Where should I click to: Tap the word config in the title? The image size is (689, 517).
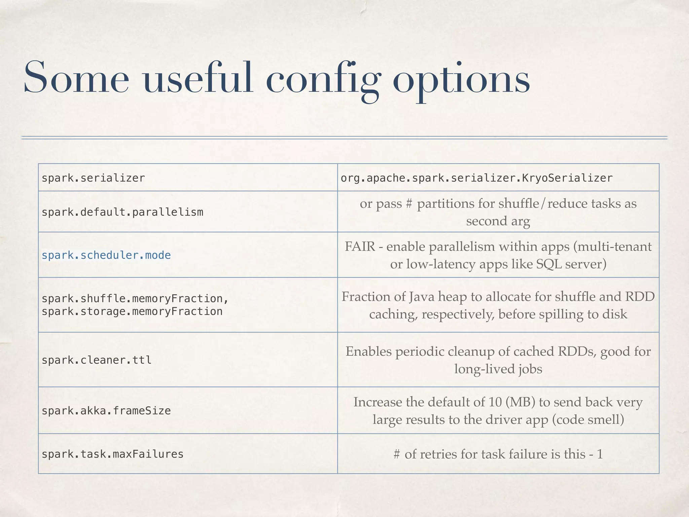coord(323,80)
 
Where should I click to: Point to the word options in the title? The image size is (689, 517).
coord(461,80)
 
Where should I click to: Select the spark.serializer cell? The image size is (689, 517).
coord(93,178)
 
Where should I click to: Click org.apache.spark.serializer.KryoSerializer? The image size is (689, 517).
coord(476,178)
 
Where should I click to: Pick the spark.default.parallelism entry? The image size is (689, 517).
coord(122,212)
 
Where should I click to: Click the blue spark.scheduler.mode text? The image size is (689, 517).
coord(106,255)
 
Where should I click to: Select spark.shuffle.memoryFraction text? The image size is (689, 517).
coord(135,299)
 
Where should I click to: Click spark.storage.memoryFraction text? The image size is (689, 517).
coord(132,311)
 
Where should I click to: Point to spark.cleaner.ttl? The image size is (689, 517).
coord(96,360)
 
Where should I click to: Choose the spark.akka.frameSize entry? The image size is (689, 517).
coord(106,411)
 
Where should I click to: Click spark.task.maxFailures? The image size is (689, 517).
coord(112,454)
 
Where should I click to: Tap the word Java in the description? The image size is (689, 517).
coord(421,297)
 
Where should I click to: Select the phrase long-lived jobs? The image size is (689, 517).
coord(498,369)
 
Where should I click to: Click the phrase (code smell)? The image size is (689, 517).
coord(588,419)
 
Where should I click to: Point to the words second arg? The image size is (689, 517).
coord(498,221)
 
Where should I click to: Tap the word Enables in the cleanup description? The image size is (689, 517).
coord(368,351)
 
